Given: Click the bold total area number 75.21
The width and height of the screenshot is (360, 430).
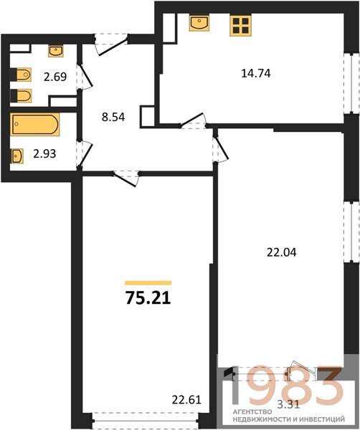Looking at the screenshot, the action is tap(148, 298).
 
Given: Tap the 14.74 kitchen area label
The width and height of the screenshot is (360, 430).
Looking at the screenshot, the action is tap(256, 74).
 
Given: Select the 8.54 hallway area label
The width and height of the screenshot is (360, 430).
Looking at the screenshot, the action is tap(113, 117).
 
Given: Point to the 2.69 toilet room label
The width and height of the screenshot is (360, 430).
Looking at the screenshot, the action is tap(55, 77).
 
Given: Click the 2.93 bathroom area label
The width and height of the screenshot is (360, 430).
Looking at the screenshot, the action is tap(44, 154).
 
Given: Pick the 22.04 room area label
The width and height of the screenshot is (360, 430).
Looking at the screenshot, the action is tap(282, 252).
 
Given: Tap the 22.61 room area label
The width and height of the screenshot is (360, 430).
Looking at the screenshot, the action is tap(186, 400).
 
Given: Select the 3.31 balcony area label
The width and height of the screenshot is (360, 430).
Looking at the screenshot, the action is tap(288, 404).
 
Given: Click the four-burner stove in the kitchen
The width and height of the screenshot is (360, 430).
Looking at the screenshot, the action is tap(241, 26).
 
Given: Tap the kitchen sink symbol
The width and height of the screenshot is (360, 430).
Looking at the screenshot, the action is tap(199, 23).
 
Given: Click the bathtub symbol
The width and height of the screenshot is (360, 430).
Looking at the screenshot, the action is tap(35, 124).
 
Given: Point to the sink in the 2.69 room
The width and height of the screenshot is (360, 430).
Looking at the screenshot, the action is tap(56, 52).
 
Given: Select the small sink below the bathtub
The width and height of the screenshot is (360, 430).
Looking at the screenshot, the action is tap(16, 156).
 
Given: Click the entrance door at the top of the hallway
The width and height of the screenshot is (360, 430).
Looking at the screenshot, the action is tap(111, 44).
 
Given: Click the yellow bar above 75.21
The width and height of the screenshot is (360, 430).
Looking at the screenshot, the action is tap(148, 283).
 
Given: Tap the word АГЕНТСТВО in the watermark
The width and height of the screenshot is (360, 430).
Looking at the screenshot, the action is tap(252, 412).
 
